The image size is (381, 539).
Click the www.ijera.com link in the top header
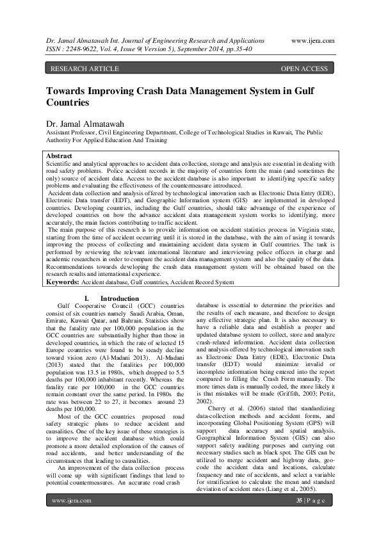pos(312,40)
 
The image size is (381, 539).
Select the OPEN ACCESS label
pos(304,68)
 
